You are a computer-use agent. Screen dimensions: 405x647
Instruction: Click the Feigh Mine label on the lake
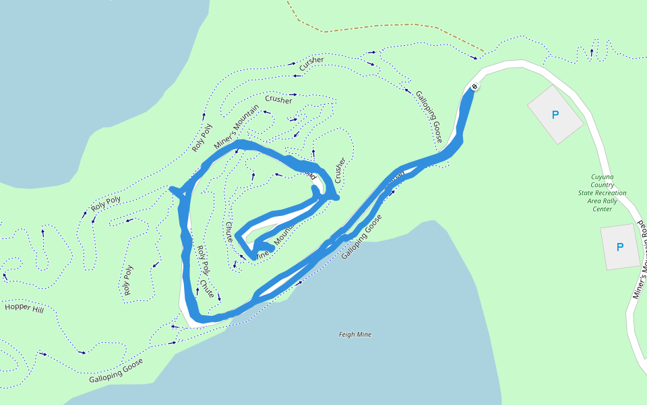(355, 335)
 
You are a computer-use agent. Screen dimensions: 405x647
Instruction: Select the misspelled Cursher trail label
(312, 61)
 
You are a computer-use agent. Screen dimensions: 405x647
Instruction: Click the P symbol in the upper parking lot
(555, 115)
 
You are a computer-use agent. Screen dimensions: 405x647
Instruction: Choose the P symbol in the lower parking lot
(620, 247)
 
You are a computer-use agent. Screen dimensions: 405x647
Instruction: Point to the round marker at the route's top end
(474, 86)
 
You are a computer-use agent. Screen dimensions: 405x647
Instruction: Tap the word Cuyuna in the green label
(603, 177)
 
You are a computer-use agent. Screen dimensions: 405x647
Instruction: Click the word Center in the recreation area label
(603, 209)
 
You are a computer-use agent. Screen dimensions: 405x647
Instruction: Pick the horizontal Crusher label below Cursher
(278, 100)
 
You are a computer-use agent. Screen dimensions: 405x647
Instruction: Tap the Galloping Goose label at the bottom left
(116, 370)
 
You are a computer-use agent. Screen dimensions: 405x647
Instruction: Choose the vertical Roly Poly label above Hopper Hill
(128, 280)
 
